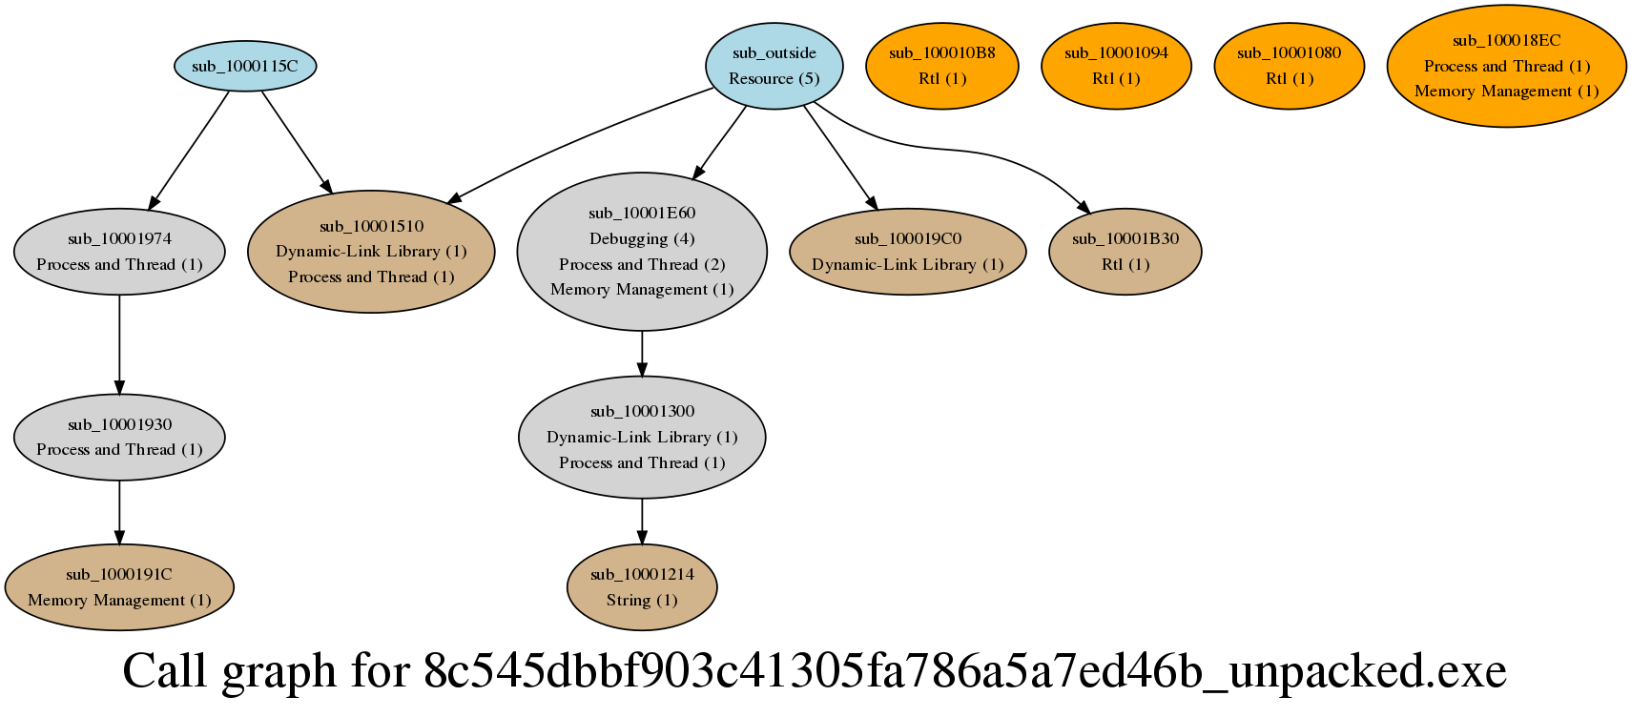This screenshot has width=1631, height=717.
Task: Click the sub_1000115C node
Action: [245, 66]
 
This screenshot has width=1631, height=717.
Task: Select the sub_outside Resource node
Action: [774, 66]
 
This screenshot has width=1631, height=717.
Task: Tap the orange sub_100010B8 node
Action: [941, 66]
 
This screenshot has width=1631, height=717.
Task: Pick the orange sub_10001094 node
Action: [1116, 66]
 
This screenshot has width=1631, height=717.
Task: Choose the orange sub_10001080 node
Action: [1289, 66]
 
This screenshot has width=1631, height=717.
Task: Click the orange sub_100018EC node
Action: [1506, 66]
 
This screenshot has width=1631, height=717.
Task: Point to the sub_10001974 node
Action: [119, 252]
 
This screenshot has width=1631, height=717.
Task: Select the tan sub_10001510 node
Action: [371, 252]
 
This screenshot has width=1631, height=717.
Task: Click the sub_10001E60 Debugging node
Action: [642, 252]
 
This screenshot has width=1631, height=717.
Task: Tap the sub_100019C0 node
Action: [908, 252]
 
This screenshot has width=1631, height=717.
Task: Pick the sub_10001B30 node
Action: [1125, 252]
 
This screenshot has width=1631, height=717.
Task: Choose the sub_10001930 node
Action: [119, 437]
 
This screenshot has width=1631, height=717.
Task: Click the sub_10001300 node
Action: [642, 437]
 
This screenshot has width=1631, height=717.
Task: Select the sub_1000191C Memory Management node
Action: [119, 587]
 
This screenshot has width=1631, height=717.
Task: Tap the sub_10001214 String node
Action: [642, 587]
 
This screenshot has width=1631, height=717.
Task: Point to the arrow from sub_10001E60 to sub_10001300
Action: [642, 354]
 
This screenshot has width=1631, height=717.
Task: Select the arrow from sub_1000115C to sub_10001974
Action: [189, 149]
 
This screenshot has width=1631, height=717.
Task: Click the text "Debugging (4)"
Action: [642, 238]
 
